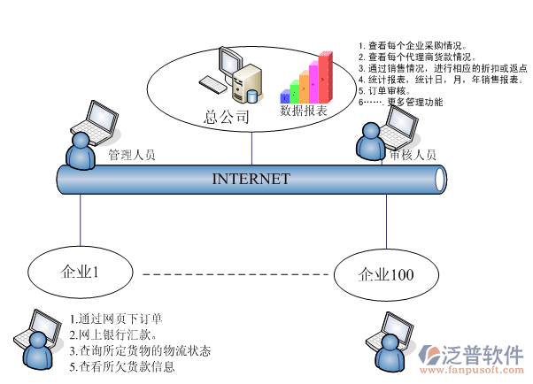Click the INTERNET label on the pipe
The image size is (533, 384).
pos(251,179)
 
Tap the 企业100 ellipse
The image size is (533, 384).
pos(386,274)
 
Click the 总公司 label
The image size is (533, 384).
pos(227,116)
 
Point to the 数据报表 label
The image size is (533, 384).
pos(304,111)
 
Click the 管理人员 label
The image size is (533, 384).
pos(131,155)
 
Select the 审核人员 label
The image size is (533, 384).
pos(413,155)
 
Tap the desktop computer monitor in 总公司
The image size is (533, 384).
pos(230,62)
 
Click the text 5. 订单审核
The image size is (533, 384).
pos(384,90)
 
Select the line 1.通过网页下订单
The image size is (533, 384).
pos(115,319)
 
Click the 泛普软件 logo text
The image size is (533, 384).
pos(483,354)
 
